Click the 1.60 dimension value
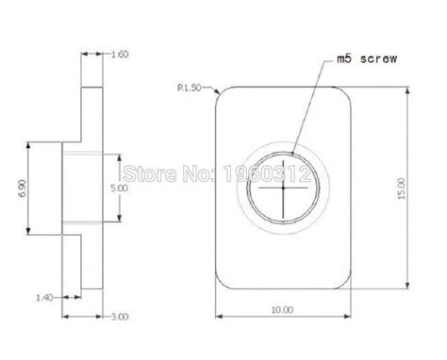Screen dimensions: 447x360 pos(120,55)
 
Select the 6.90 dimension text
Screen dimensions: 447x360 pos(23,188)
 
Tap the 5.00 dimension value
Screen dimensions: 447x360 pos(120,188)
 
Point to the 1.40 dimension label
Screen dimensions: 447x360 pos(44,298)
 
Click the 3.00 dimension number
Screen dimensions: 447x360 pos(120,317)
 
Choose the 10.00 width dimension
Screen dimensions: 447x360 pos(282,310)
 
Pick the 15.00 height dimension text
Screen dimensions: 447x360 pos(402,188)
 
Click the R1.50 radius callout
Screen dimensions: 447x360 pos(190,88)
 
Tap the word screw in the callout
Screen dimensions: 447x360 pos(378,58)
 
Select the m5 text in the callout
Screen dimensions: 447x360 pos(344,58)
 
